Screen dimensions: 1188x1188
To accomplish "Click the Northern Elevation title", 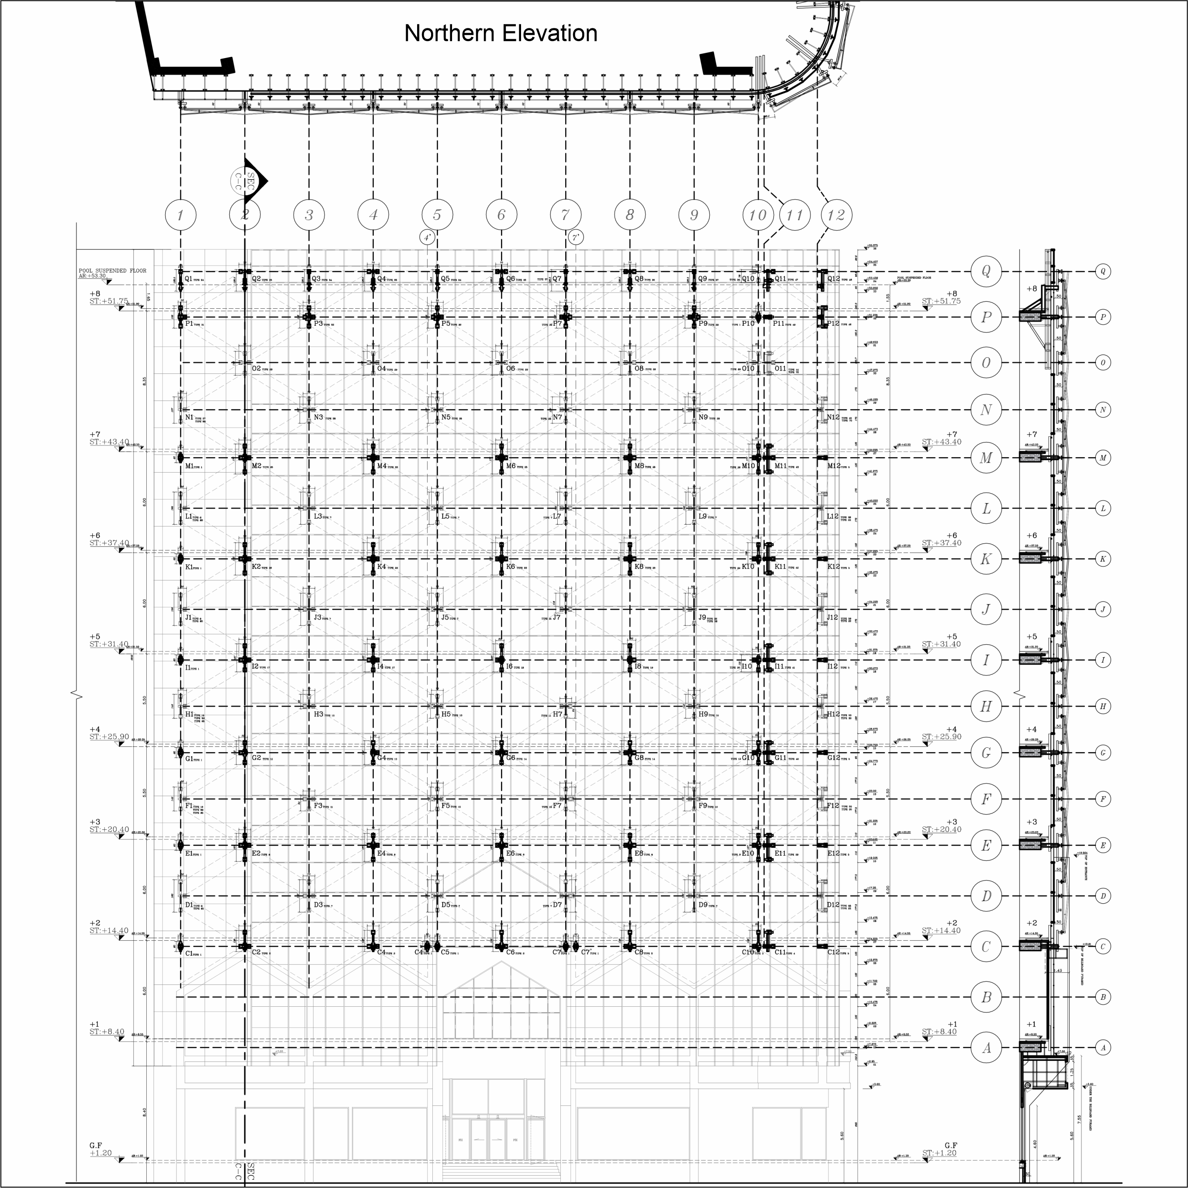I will pos(501,33).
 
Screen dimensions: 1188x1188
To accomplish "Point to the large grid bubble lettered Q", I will pos(986,271).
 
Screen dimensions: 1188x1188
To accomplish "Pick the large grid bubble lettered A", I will pos(986,1047).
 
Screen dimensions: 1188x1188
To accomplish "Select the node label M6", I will pos(511,466).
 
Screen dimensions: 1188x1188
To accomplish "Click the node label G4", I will pos(381,757).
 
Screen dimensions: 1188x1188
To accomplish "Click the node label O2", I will pos(257,369).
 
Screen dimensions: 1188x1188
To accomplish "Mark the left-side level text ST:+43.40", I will pos(109,442).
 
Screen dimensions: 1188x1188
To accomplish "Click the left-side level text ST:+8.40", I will pos(107,1032).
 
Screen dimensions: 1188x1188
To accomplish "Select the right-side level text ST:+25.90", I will pos(941,737).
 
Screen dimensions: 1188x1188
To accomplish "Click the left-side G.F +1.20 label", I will pos(100,1149).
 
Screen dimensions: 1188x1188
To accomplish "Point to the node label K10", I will pos(748,567).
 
